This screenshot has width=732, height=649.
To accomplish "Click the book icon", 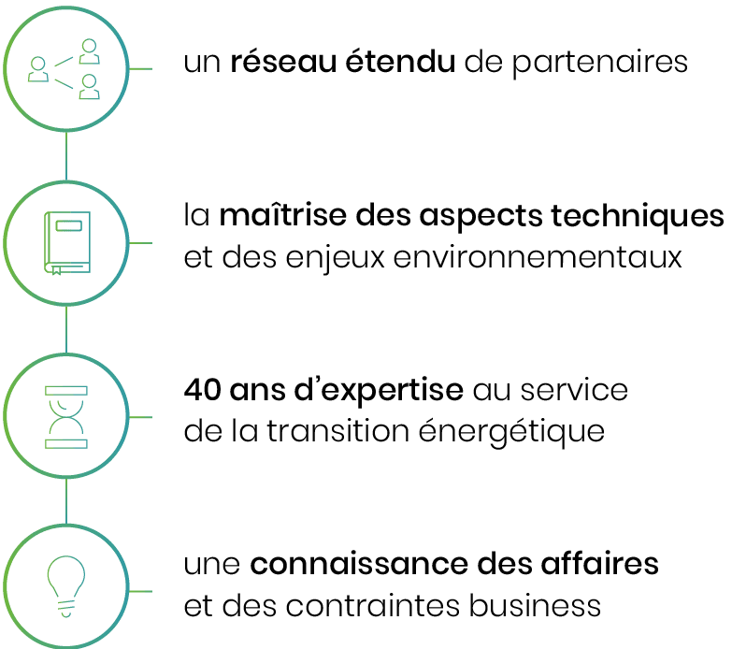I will click(x=65, y=243).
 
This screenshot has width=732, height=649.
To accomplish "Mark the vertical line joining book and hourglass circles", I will click(x=65, y=329).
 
